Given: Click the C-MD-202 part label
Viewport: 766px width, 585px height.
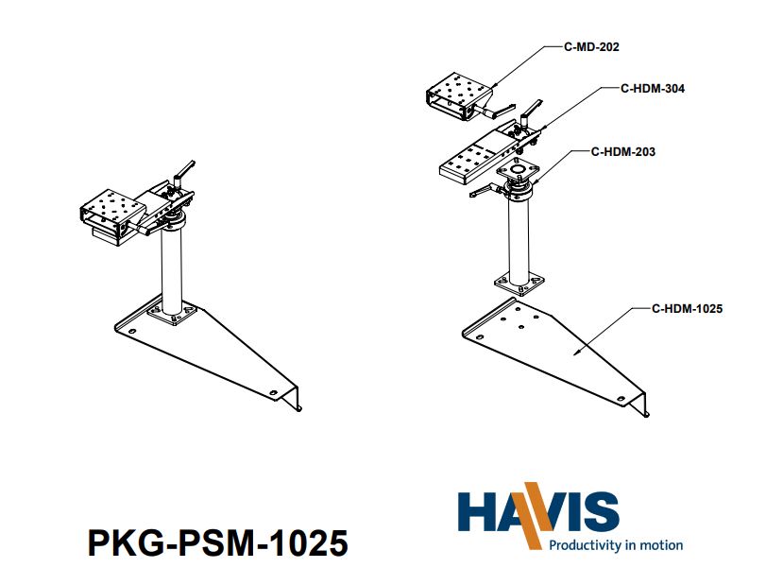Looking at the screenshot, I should pos(592,45).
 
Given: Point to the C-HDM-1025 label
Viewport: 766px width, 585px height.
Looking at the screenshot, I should pos(687,308).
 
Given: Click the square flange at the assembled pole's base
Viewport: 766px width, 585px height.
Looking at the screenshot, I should pos(171,314).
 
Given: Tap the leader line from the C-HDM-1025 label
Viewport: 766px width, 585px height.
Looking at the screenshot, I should pos(614,330).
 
